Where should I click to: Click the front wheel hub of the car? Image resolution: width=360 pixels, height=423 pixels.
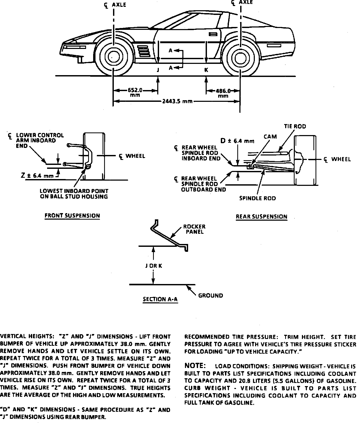(113, 57)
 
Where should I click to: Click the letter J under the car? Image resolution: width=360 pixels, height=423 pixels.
(158, 70)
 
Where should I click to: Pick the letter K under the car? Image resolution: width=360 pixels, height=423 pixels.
(206, 70)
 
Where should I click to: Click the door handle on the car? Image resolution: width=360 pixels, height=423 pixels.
(213, 34)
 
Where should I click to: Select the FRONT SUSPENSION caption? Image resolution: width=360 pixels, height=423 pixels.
(72, 216)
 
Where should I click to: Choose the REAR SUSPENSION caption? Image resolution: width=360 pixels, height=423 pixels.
(261, 217)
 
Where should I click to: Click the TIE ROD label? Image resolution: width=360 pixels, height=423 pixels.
(295, 126)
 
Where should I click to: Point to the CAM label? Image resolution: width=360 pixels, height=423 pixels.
(270, 137)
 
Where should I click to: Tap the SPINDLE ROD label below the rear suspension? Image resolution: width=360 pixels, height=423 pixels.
(257, 198)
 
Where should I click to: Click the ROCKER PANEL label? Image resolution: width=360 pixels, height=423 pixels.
(194, 229)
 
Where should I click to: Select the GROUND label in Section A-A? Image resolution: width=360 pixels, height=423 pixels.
(211, 296)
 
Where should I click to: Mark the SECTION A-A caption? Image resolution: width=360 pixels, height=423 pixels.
(160, 299)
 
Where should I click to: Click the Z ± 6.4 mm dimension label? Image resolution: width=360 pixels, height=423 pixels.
(37, 176)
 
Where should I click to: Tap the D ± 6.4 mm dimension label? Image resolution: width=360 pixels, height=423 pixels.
(237, 141)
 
